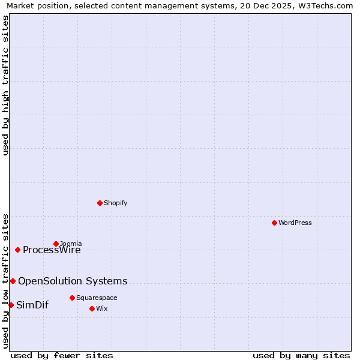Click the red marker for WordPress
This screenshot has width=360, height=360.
274,223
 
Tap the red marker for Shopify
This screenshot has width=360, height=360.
100,203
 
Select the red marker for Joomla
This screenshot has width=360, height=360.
56,244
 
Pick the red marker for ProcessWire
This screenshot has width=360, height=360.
17,250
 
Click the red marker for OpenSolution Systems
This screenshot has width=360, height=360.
13,281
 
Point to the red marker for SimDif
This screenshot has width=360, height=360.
11,305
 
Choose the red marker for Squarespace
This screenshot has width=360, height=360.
72,298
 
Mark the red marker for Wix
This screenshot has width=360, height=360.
92,308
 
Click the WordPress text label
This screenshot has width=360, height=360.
295,223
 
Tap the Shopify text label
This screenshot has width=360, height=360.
116,203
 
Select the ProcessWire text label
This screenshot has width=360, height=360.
52,250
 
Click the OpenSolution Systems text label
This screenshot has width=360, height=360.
73,281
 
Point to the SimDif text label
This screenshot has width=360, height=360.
32,305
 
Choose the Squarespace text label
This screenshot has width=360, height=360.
97,298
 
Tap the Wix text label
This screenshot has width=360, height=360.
102,308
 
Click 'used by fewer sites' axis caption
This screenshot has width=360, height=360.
62,355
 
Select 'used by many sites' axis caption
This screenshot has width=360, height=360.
301,355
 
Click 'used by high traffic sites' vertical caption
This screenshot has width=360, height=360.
5,85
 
